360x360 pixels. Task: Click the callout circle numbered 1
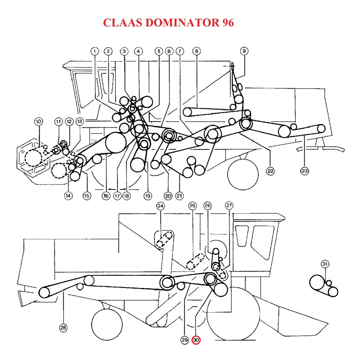tap(94, 51)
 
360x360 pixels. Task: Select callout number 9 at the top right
tap(244, 51)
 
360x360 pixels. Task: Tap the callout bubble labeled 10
tap(38, 121)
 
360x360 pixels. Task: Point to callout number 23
tap(305, 171)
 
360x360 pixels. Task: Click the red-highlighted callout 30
tap(196, 340)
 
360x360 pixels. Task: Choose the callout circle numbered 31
tap(325, 264)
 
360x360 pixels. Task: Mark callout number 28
tap(63, 328)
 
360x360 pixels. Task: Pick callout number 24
tap(161, 206)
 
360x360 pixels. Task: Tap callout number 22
tap(270, 171)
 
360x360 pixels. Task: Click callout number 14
tap(68, 196)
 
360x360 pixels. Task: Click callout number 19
tap(147, 196)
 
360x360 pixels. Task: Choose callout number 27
tap(229, 206)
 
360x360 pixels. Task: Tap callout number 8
tap(196, 51)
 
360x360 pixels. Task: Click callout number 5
tap(158, 51)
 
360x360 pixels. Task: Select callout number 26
tap(207, 206)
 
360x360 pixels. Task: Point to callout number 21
tap(180, 196)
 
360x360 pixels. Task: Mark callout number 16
tap(106, 196)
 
